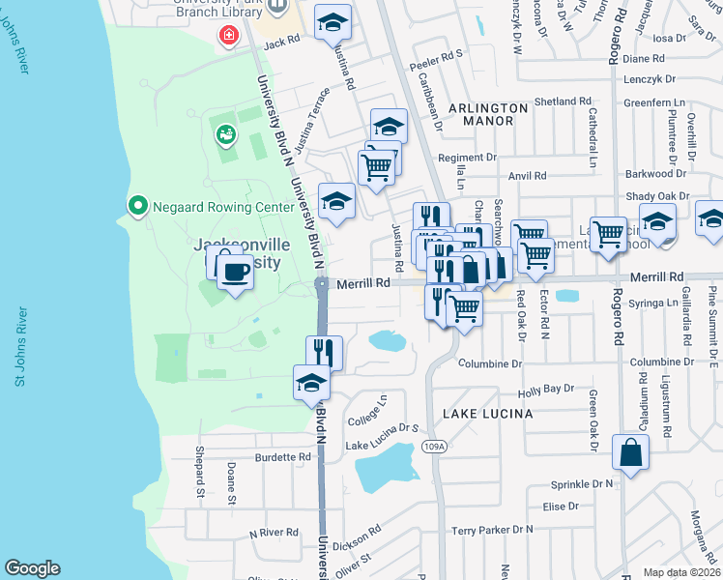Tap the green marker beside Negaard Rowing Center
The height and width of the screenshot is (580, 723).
[137, 206]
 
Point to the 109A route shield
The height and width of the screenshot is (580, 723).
[435, 447]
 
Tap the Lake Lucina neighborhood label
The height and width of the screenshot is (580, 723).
[487, 414]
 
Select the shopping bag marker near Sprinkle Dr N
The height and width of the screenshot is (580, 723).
[630, 452]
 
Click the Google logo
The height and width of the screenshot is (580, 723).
[32, 568]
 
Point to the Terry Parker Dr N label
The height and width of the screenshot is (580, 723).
[492, 530]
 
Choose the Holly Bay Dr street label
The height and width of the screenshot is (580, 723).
[546, 390]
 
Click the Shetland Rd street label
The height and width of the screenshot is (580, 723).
[562, 101]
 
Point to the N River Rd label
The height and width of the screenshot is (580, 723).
[274, 533]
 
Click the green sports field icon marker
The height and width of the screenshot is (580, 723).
[226, 134]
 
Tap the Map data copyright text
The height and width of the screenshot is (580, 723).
[681, 572]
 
